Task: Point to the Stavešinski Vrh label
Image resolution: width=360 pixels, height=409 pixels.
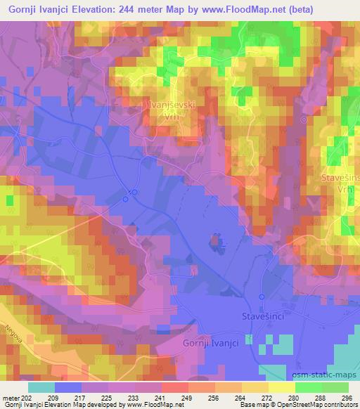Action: pos(340,186)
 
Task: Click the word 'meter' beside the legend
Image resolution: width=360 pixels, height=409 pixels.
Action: pos(12,398)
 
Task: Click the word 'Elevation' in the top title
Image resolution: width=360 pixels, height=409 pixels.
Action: pos(97,8)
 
